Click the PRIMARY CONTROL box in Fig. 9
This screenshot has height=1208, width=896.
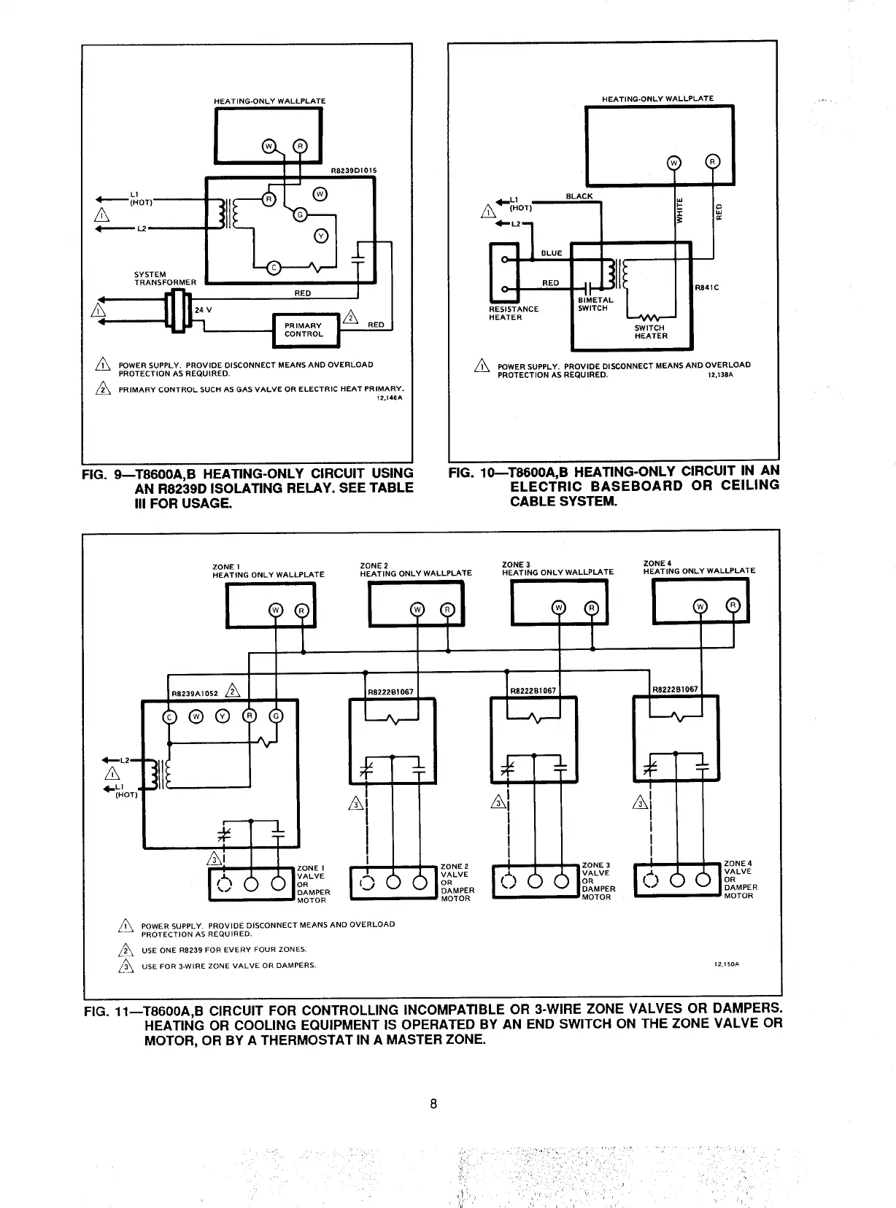click(304, 330)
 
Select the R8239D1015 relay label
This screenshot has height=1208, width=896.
click(354, 171)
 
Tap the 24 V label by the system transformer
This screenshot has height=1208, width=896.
click(203, 309)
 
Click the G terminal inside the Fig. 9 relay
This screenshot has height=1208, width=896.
click(298, 213)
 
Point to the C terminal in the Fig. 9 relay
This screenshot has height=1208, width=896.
click(273, 266)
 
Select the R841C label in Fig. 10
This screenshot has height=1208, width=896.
click(708, 287)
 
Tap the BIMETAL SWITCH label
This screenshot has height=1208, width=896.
click(595, 304)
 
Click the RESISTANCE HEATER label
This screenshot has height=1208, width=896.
click(514, 313)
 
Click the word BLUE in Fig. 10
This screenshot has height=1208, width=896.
click(551, 253)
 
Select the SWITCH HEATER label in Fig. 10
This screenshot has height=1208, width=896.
click(651, 332)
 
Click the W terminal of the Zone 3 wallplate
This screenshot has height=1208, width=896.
click(558, 608)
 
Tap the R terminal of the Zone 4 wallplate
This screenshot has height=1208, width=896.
click(733, 605)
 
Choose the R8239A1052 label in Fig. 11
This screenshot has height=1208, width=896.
click(195, 694)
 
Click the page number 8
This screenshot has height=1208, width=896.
click(433, 1104)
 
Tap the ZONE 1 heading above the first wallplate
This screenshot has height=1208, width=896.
click(223, 567)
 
